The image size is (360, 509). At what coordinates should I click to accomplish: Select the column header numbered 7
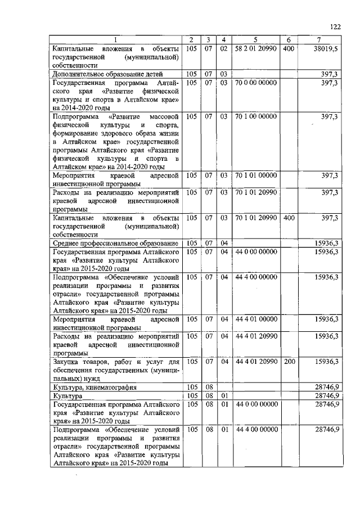(x=319, y=39)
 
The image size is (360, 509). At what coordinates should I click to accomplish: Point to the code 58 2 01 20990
(x=256, y=49)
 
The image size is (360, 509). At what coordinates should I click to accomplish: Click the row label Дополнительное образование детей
(x=107, y=74)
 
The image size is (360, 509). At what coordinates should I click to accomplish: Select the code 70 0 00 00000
(x=256, y=83)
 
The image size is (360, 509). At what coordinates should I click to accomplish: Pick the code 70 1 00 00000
(x=256, y=116)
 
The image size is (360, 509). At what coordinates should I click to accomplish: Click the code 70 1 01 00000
(x=256, y=175)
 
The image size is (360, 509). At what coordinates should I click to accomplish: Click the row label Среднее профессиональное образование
(x=115, y=242)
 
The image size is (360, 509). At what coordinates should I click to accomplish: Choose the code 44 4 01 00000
(x=256, y=319)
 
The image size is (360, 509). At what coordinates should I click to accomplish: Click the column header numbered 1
(x=116, y=39)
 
